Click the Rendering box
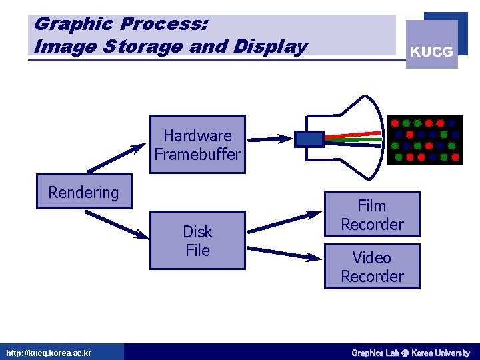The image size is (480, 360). coord(84,192)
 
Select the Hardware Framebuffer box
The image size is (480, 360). coord(197,145)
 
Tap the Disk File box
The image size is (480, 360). coord(197,241)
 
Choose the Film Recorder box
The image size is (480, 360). coord(372,215)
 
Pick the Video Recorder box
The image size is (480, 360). coord(372,267)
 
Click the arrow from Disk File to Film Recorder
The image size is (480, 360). coord(285,221)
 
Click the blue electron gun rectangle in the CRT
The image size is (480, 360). coord(309,139)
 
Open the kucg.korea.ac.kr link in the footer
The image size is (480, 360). coord(49,353)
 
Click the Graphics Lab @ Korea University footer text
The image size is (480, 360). coord(411,353)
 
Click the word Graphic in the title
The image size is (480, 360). coord(74,25)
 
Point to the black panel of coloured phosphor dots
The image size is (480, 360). coord(425,141)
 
